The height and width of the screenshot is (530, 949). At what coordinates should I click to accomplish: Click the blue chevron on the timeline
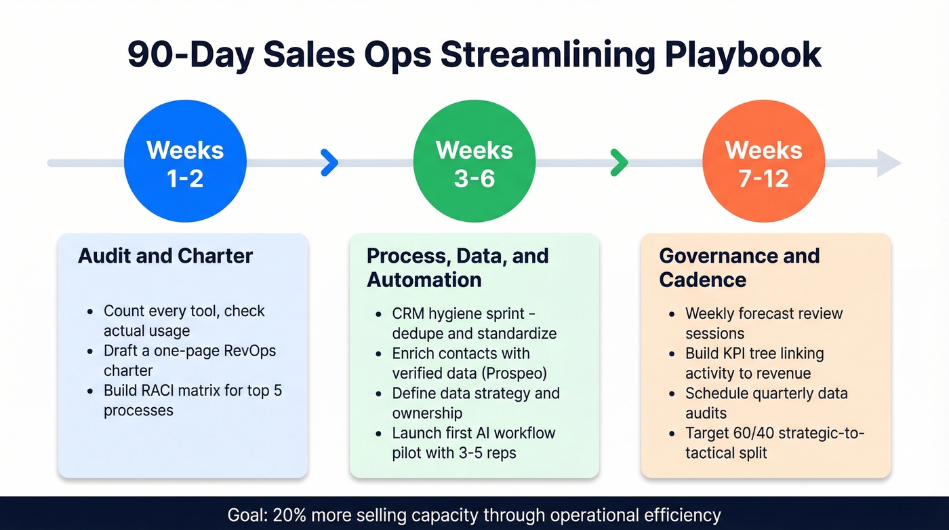tap(329, 163)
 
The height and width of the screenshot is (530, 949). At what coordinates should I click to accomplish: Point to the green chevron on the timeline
tap(619, 163)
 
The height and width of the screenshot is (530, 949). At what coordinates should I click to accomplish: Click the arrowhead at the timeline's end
tap(889, 164)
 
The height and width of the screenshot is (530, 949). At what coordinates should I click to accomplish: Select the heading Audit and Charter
tap(165, 256)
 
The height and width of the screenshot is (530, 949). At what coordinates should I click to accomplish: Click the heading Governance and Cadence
tap(739, 267)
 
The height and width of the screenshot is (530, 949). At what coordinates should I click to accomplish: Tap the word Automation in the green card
tap(424, 280)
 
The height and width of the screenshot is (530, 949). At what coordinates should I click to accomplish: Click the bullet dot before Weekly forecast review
tap(671, 314)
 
